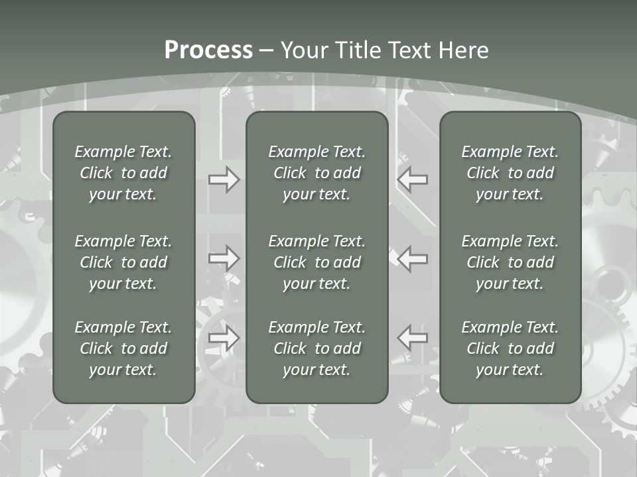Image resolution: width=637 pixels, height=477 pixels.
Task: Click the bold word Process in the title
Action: pyautogui.click(x=208, y=50)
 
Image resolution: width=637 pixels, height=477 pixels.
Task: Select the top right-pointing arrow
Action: pyautogui.click(x=224, y=180)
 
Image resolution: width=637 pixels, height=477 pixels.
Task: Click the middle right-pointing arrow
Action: pyautogui.click(x=224, y=258)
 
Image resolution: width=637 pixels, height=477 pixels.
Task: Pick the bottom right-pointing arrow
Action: pyautogui.click(x=224, y=338)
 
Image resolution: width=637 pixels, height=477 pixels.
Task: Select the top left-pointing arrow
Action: pyautogui.click(x=412, y=180)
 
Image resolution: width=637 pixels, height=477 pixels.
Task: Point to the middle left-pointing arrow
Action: pyautogui.click(x=412, y=258)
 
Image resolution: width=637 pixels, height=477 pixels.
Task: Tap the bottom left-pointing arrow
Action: pyautogui.click(x=412, y=338)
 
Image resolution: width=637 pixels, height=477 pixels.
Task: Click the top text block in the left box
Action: pyautogui.click(x=123, y=173)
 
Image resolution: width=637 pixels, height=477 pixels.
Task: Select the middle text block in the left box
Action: pyautogui.click(x=123, y=262)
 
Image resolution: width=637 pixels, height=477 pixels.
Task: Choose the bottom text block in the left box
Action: pyautogui.click(x=123, y=348)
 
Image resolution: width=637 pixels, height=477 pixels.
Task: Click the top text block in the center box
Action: pyautogui.click(x=317, y=173)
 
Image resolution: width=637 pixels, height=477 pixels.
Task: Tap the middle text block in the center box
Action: pyautogui.click(x=317, y=262)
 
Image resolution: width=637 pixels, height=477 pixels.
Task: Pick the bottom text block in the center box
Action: pyautogui.click(x=317, y=348)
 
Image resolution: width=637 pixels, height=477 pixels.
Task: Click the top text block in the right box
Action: pyautogui.click(x=510, y=173)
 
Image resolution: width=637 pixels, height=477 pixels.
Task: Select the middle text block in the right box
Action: pyautogui.click(x=510, y=262)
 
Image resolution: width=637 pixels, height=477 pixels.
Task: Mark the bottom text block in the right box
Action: pyautogui.click(x=510, y=348)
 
